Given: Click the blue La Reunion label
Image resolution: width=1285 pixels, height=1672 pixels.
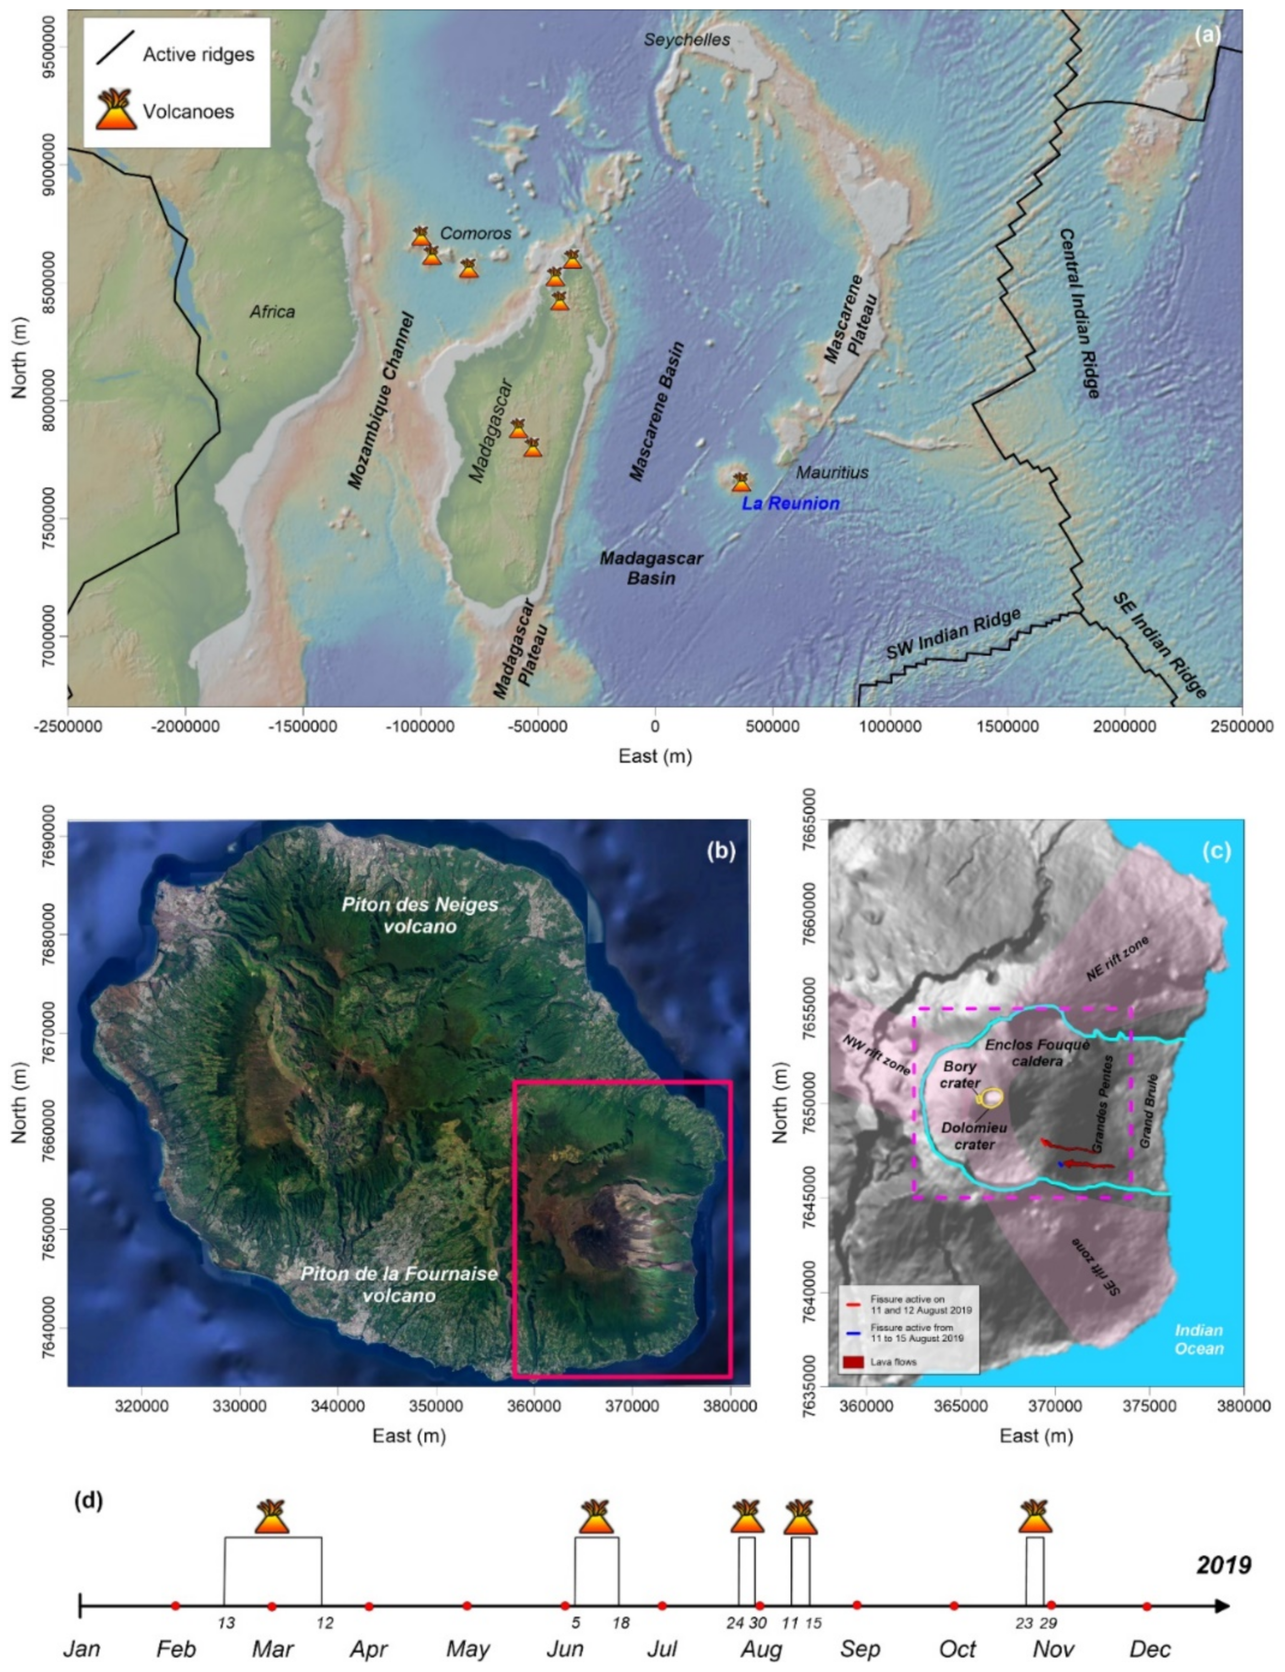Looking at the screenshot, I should pyautogui.click(x=790, y=503).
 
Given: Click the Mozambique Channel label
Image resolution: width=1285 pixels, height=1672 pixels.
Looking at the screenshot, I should pyautogui.click(x=380, y=399).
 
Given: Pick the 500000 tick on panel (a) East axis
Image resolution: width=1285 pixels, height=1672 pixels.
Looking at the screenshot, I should pyautogui.click(x=772, y=725).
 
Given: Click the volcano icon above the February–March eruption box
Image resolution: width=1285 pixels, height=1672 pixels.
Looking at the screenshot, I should pyautogui.click(x=272, y=1517).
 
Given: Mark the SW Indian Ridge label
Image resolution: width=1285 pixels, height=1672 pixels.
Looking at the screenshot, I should pyautogui.click(x=953, y=634).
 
